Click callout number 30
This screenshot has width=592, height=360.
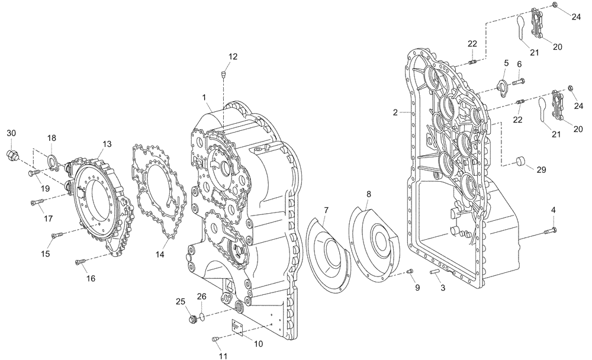pos(12,134)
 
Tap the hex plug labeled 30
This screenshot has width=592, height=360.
pos(13,156)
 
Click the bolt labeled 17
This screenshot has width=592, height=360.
pos(37,202)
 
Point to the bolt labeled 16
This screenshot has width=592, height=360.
pos(81,261)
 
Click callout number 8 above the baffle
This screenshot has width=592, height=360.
pos(368,194)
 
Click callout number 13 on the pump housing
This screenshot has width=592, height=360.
pos(107,144)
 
